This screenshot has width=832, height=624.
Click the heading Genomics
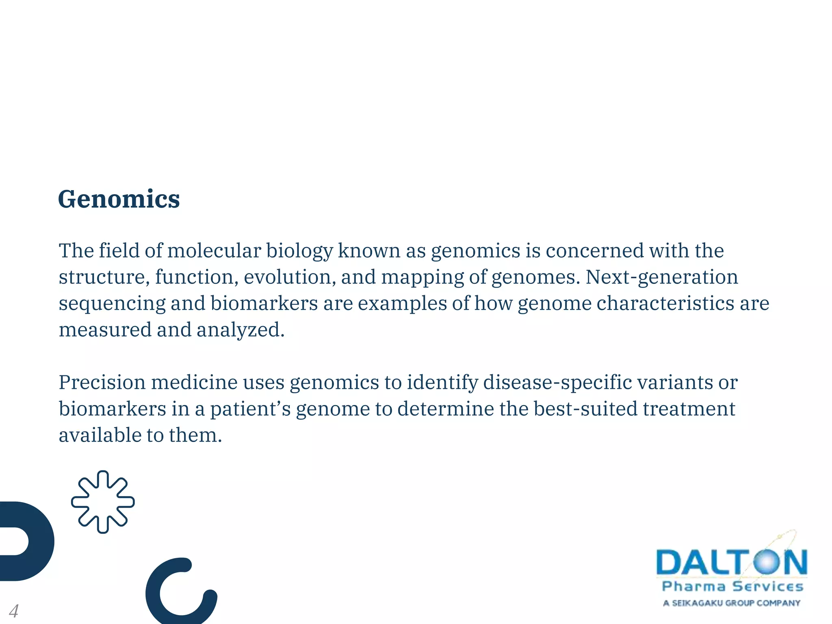click(x=119, y=199)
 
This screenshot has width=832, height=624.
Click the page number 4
click(x=13, y=611)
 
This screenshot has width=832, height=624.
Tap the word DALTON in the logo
click(x=731, y=563)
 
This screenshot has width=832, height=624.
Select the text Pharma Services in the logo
click(x=732, y=586)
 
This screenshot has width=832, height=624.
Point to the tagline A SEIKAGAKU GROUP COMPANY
click(x=731, y=603)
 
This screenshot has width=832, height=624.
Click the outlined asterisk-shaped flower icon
click(x=103, y=502)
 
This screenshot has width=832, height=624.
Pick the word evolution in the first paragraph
click(x=290, y=277)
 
